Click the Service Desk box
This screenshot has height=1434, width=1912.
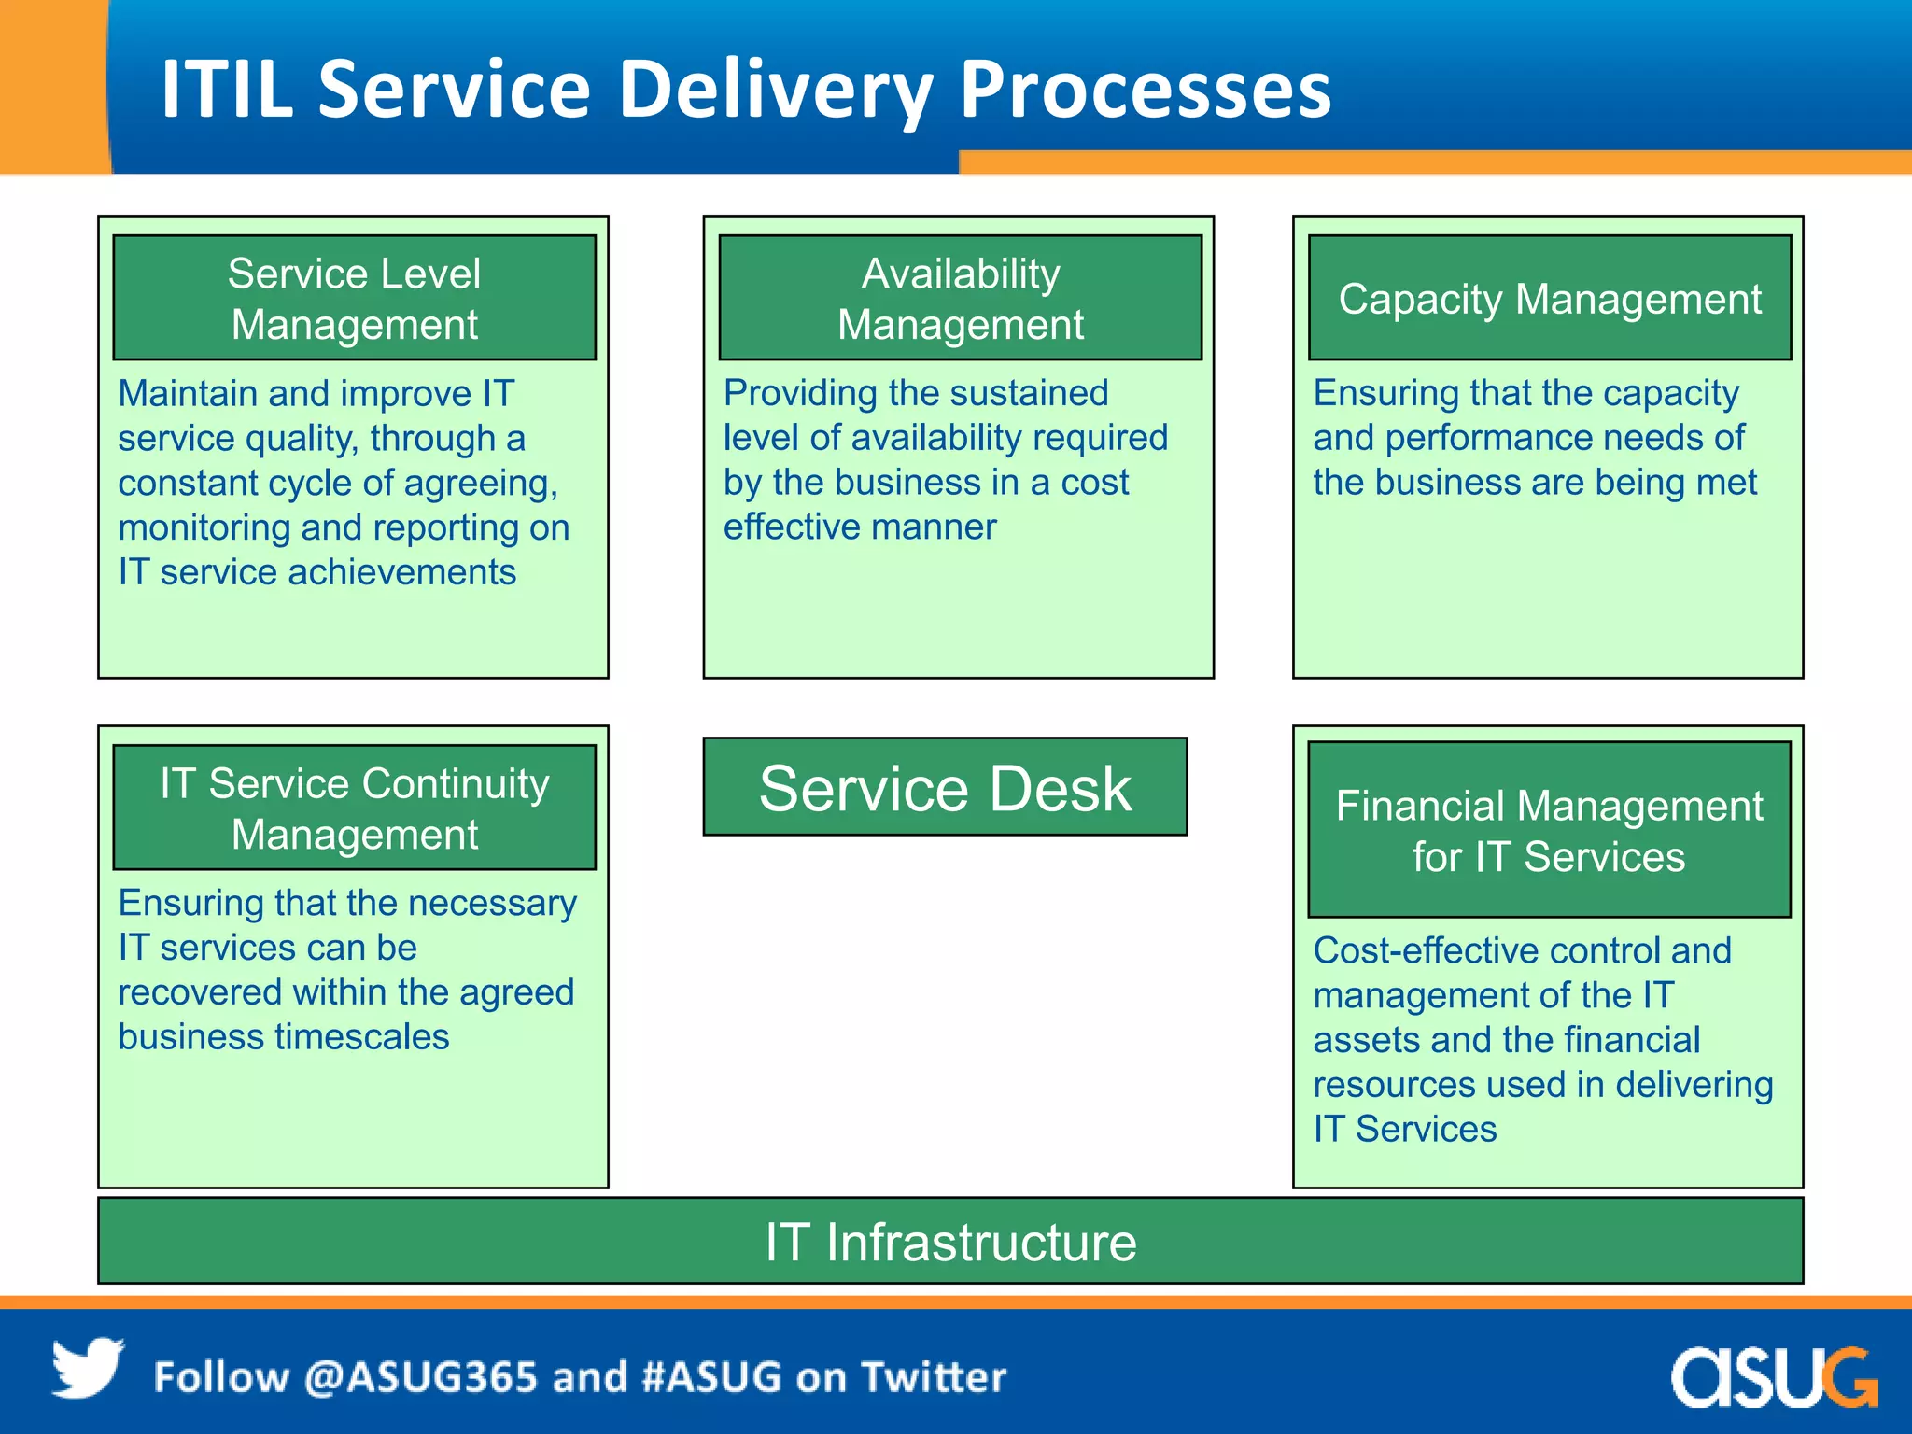tap(945, 787)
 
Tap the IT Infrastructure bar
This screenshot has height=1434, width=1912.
tap(950, 1242)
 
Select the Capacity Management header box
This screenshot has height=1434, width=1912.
tap(1550, 298)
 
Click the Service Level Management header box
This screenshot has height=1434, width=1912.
tap(354, 298)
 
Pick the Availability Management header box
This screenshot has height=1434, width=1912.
tap(960, 298)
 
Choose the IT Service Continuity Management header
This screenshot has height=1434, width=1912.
tap(354, 808)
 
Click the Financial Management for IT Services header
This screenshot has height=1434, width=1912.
tap(1549, 830)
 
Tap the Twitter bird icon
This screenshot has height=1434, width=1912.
tap(87, 1369)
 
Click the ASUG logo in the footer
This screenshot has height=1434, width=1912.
tap(1773, 1377)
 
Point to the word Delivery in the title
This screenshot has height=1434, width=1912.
tap(774, 91)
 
